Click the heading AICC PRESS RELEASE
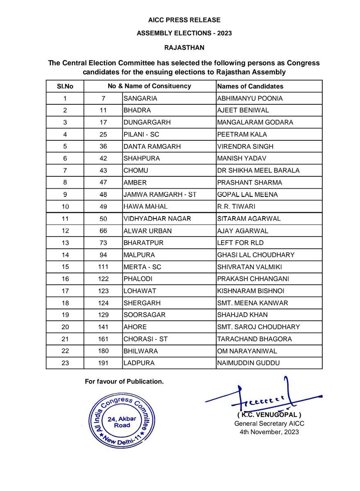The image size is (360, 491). (184, 20)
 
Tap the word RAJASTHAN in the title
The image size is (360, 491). (184, 47)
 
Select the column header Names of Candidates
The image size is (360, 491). (250, 86)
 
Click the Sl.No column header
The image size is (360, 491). (65, 86)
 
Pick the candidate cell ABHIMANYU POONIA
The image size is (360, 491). (250, 99)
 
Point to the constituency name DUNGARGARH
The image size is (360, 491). (147, 122)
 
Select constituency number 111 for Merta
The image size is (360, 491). (103, 267)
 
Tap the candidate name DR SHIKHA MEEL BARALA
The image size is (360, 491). (258, 171)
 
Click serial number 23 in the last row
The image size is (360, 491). (65, 363)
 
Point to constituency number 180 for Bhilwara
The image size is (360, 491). (103, 351)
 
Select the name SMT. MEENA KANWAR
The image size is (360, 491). (253, 303)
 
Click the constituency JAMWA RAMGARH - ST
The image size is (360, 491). (160, 195)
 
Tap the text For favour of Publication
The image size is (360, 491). (124, 382)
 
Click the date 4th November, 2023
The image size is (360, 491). (269, 432)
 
